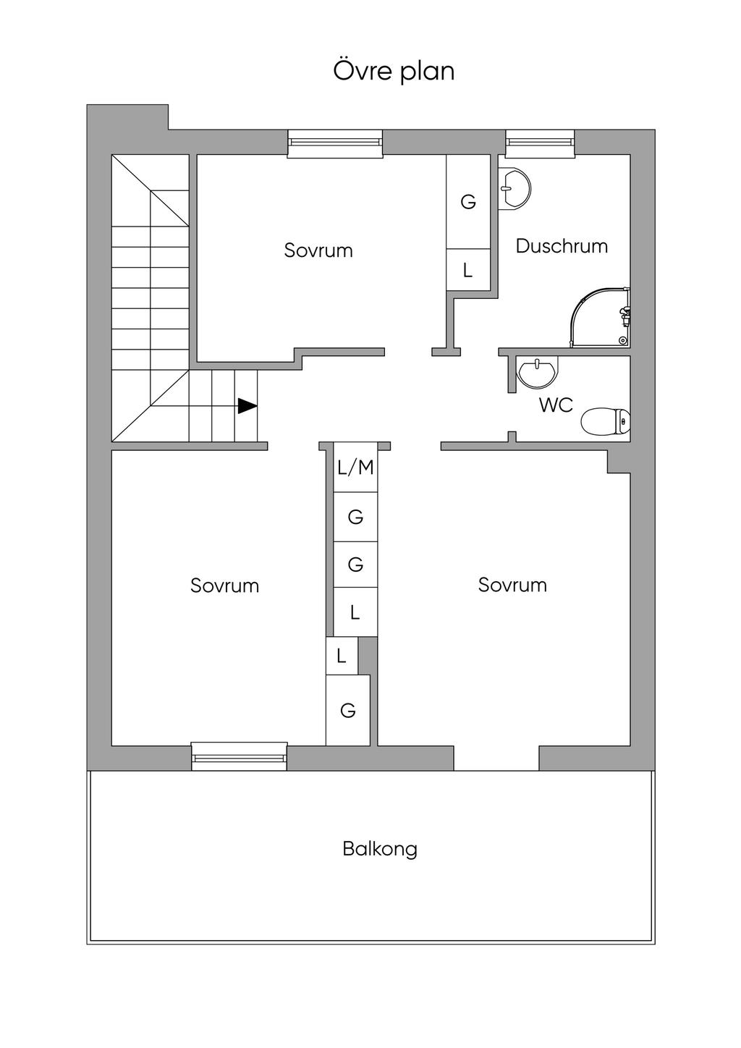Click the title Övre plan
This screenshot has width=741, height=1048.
tap(394, 71)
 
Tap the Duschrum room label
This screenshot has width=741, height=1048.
tap(562, 246)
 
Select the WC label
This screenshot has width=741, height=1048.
tap(556, 405)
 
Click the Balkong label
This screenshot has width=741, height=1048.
tap(380, 848)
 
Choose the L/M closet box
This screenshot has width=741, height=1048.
tap(355, 468)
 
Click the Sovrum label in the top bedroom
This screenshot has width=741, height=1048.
tap(318, 250)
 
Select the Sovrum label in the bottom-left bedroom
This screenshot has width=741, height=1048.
tap(224, 586)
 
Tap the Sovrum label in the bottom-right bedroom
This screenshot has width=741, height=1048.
tap(512, 585)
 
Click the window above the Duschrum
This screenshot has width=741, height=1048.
tap(540, 143)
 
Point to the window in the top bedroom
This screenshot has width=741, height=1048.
tap(335, 143)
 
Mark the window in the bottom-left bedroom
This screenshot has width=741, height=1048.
tap(240, 757)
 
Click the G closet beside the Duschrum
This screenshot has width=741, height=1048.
tap(468, 202)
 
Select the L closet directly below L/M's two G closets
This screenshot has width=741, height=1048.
tap(355, 612)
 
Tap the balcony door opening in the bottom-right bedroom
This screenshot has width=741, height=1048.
tap(496, 758)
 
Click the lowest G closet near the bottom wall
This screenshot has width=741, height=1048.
tap(348, 711)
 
